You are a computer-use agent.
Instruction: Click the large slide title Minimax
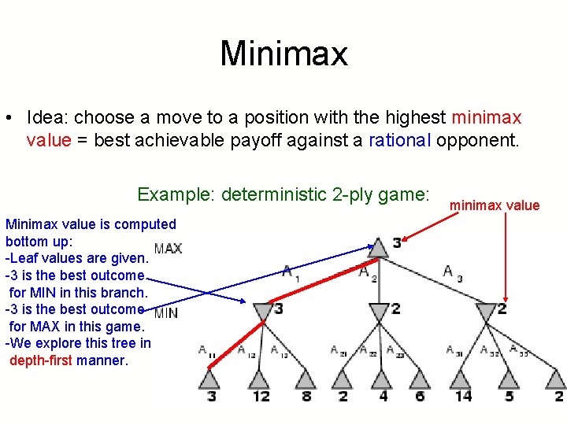coord(283,54)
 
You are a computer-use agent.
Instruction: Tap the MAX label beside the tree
coord(168,249)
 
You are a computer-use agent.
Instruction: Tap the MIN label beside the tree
coord(165,312)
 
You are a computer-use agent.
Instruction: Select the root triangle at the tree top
coord(378,247)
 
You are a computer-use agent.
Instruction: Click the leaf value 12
coord(261,396)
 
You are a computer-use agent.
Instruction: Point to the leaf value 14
coord(463,396)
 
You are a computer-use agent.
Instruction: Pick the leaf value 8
coord(306,396)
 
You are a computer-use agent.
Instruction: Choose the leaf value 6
coord(420,396)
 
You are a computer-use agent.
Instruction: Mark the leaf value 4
coord(384,396)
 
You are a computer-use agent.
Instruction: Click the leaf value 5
coord(510,396)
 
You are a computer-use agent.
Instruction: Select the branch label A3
coord(453,273)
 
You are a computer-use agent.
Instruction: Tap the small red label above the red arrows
coord(495,206)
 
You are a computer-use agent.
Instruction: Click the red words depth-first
coord(41,360)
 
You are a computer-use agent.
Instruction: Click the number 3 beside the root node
coord(396,243)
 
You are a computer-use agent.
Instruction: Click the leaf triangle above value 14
coord(463,379)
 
